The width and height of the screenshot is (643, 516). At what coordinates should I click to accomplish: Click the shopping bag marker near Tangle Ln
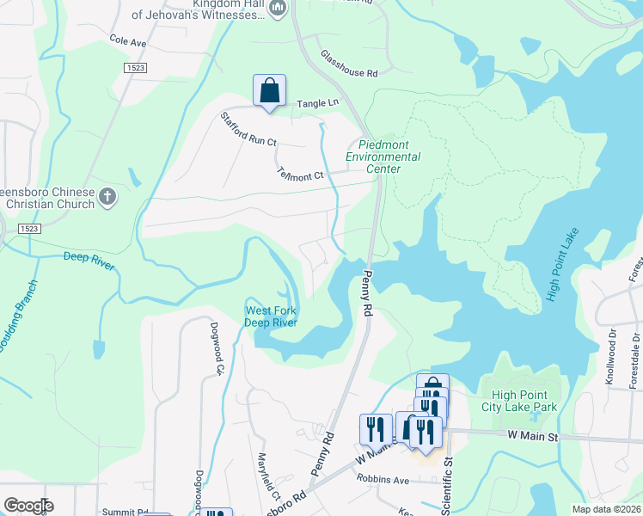pyautogui.click(x=269, y=90)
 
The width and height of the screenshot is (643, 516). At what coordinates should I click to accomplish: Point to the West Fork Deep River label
pyautogui.click(x=271, y=316)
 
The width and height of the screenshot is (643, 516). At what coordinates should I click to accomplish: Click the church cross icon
pyautogui.click(x=107, y=197)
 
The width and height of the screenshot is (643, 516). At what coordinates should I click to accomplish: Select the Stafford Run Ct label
pyautogui.click(x=248, y=129)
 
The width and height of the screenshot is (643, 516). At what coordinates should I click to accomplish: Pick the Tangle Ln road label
pyautogui.click(x=318, y=104)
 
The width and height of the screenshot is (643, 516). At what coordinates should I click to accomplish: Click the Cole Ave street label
pyautogui.click(x=128, y=40)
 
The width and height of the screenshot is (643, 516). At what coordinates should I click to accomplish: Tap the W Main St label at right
pyautogui.click(x=533, y=438)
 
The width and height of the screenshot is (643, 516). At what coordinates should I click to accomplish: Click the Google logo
pyautogui.click(x=28, y=506)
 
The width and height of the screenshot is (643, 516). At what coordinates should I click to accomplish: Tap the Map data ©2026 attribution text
pyautogui.click(x=606, y=509)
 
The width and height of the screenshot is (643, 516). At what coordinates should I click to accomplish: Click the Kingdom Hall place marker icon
pyautogui.click(x=277, y=9)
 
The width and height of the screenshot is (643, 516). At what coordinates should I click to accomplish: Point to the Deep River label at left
pyautogui.click(x=89, y=261)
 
